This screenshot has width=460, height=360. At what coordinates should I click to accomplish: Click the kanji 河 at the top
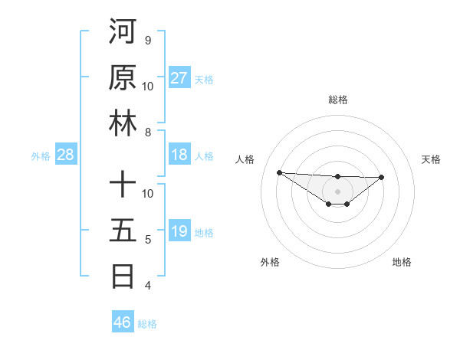click(123, 32)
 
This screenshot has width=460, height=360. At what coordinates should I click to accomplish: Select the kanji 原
click(123, 77)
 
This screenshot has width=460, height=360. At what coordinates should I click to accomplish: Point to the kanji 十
click(123, 185)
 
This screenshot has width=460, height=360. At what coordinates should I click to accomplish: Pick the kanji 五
click(123, 230)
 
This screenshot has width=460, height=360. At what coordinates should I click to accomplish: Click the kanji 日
click(123, 276)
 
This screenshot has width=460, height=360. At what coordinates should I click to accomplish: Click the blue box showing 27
click(179, 78)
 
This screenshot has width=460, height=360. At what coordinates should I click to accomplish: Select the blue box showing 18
click(179, 155)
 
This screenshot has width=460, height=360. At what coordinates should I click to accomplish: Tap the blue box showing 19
click(179, 231)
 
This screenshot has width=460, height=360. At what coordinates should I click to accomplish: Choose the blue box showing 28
click(66, 155)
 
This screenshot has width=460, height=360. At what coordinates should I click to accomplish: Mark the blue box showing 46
click(123, 322)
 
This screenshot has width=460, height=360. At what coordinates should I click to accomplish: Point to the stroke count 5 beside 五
click(147, 240)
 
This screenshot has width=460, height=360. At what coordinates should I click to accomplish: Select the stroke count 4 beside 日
click(147, 286)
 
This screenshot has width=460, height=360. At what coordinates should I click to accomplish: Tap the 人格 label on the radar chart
click(246, 159)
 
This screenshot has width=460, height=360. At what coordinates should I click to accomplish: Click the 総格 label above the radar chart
click(337, 100)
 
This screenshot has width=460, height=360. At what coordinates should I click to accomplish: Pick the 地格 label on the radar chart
click(402, 262)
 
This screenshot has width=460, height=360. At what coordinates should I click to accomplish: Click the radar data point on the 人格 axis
click(279, 172)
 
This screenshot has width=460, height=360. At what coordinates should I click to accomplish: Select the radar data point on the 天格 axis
click(382, 177)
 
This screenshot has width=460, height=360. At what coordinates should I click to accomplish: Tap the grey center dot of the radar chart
click(337, 191)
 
